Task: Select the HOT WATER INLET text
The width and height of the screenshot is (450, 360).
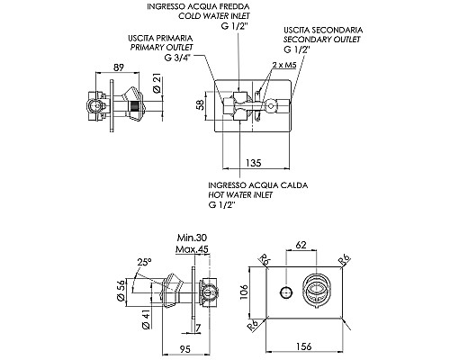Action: [x=239, y=193]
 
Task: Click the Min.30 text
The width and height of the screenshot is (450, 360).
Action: [x=192, y=239]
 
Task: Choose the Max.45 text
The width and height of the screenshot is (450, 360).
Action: [x=192, y=250]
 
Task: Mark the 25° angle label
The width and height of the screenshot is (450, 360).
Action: [x=144, y=262]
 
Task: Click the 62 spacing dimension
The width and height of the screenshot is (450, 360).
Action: [x=301, y=245]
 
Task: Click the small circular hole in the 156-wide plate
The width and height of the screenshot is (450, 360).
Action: [x=285, y=291]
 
